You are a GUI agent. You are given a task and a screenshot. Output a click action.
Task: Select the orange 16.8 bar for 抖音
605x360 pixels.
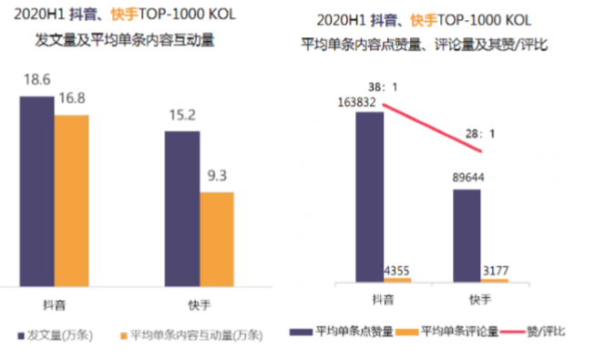(x=72, y=200)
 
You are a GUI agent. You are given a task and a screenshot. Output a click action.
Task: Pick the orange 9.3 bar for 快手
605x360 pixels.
(x=217, y=238)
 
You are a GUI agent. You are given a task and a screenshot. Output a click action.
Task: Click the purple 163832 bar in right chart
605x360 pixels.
(x=369, y=196)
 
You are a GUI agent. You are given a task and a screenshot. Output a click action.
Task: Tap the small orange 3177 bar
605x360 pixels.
(x=495, y=280)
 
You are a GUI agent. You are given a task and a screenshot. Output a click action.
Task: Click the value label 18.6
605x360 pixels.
(x=36, y=81)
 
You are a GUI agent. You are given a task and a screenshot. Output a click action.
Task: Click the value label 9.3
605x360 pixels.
(x=217, y=178)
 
